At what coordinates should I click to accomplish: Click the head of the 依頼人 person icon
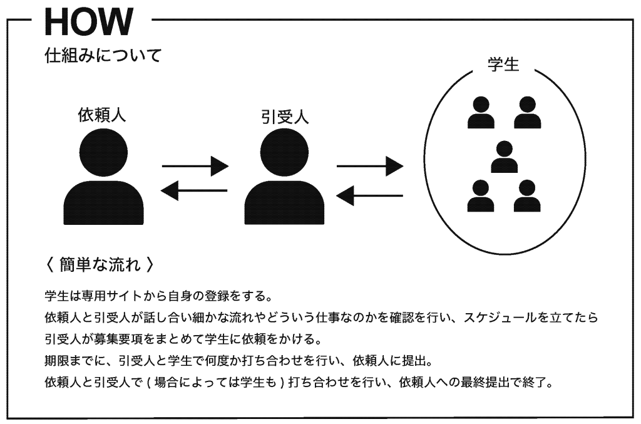pyautogui.click(x=104, y=151)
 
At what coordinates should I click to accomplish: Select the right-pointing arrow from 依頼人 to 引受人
pyautogui.click(x=195, y=167)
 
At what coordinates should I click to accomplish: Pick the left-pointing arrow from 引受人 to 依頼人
pyautogui.click(x=195, y=190)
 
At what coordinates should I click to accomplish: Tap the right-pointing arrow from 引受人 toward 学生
pyautogui.click(x=369, y=167)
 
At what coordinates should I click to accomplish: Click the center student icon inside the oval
pyautogui.click(x=504, y=157)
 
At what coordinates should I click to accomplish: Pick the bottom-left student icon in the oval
pyautogui.click(x=481, y=195)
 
